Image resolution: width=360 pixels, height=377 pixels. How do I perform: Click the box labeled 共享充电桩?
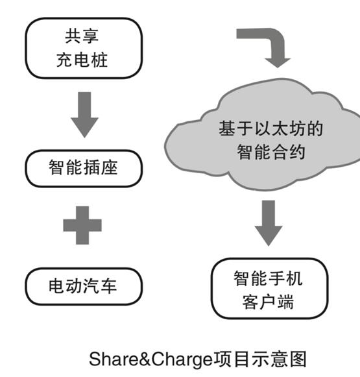pyautogui.click(x=84, y=48)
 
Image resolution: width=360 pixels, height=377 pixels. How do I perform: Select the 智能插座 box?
pyautogui.click(x=84, y=168)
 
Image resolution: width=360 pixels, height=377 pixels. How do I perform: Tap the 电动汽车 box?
pyautogui.click(x=84, y=286)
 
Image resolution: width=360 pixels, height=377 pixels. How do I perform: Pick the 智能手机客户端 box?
pyautogui.click(x=270, y=289)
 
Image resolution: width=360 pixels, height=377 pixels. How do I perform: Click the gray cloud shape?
pyautogui.click(x=265, y=135)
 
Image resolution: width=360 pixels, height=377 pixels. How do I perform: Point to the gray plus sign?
pyautogui.click(x=82, y=225)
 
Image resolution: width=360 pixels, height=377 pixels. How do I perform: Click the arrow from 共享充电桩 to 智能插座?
pyautogui.click(x=84, y=115)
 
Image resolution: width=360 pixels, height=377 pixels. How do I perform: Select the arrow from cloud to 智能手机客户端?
pyautogui.click(x=269, y=223)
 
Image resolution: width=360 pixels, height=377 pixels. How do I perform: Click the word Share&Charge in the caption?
pyautogui.click(x=151, y=359)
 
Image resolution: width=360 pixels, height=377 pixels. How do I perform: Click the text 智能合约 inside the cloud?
pyautogui.click(x=271, y=152)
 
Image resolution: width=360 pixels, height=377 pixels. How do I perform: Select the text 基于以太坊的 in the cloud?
pyautogui.click(x=271, y=128)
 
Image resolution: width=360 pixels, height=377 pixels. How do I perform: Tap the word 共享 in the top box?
pyautogui.click(x=82, y=36)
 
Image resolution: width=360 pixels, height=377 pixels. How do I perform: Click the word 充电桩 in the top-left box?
pyautogui.click(x=82, y=60)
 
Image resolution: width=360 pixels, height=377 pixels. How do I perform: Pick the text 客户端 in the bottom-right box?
pyautogui.click(x=268, y=302)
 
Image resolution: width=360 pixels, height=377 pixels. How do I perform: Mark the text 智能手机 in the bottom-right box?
pyautogui.click(x=268, y=278)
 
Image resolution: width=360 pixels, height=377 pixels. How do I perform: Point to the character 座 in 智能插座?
pyautogui.click(x=109, y=167)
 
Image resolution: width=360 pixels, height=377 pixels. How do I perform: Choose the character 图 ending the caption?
pyautogui.click(x=298, y=359)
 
